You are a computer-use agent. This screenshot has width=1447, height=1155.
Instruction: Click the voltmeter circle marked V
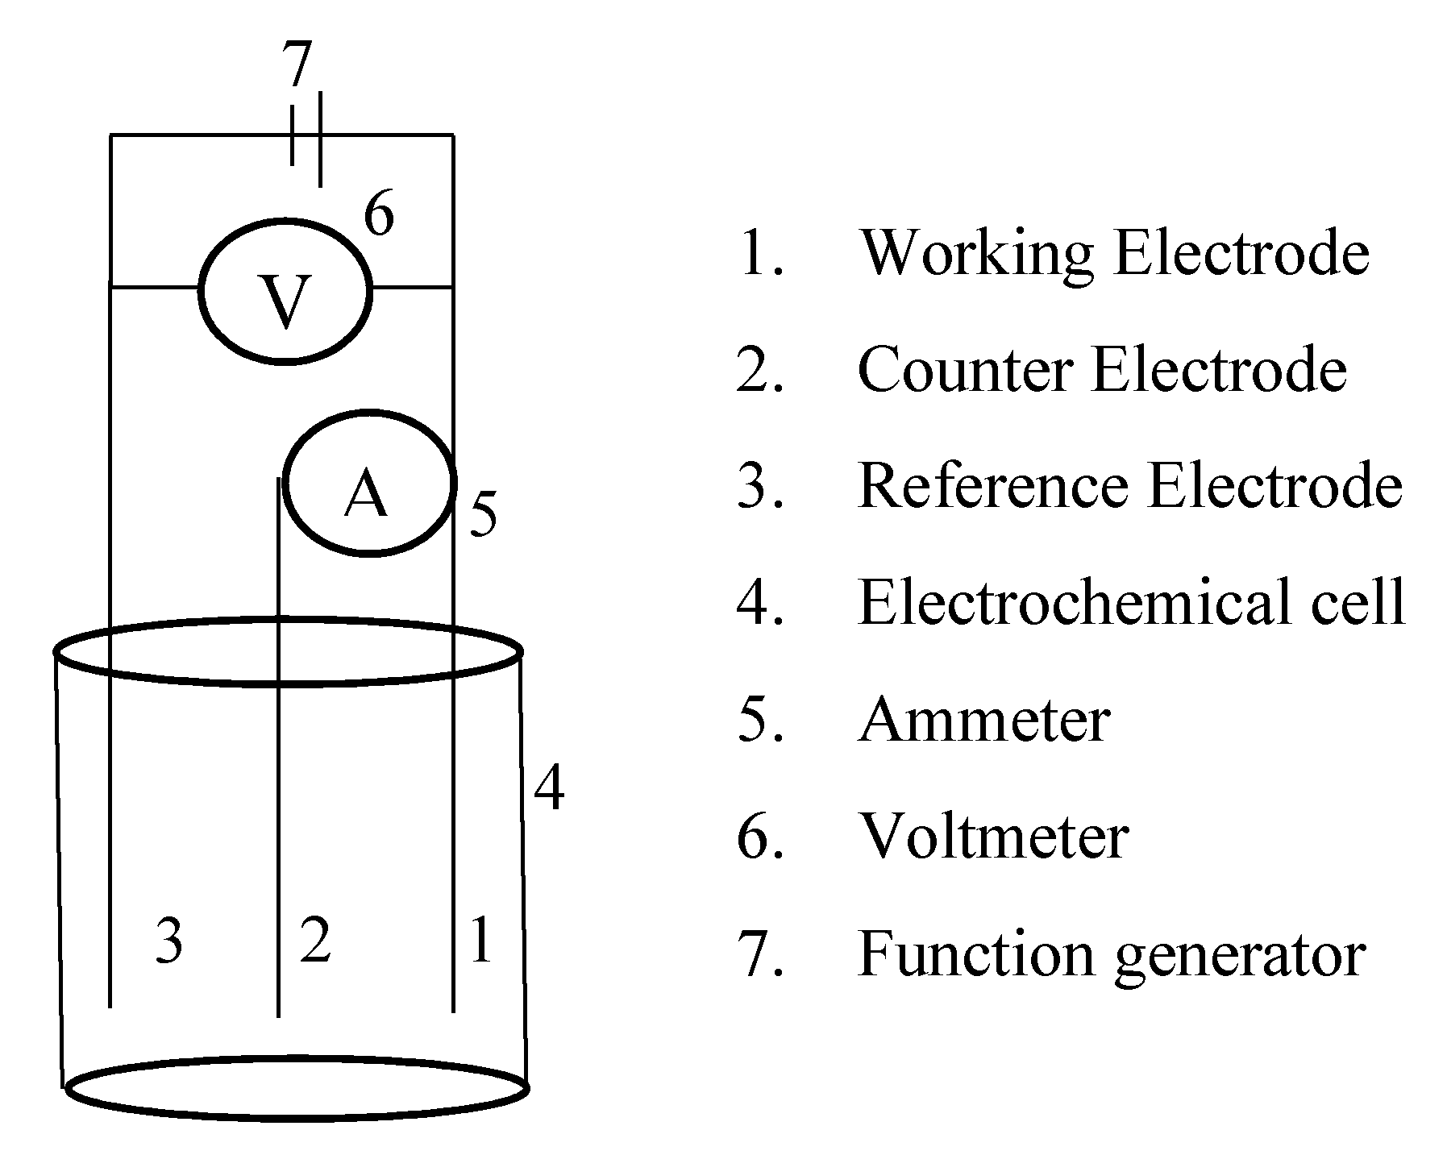tap(285, 291)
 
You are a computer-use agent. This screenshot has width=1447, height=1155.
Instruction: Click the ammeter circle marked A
tap(368, 483)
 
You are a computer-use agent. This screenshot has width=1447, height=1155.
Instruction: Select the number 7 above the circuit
tap(296, 64)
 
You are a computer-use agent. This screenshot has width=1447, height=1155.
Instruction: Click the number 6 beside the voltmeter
tap(379, 216)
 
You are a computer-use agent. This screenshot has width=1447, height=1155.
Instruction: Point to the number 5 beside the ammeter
tap(482, 514)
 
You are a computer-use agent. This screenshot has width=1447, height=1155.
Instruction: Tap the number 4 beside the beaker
tap(549, 788)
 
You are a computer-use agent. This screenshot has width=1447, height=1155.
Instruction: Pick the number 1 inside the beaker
tap(481, 939)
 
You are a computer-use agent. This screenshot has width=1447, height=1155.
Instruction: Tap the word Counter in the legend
tap(965, 370)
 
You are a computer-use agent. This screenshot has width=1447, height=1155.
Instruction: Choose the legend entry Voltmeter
tap(993, 837)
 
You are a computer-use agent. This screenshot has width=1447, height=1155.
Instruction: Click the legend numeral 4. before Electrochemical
tap(759, 603)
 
